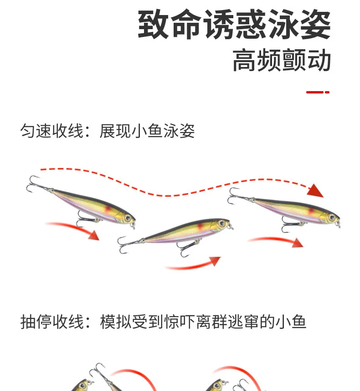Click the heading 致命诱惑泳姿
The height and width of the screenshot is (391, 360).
tap(234, 24)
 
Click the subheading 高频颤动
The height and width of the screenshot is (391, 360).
tap(282, 60)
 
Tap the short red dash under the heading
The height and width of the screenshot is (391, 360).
tap(318, 92)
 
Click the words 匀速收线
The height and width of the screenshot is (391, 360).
tap(51, 131)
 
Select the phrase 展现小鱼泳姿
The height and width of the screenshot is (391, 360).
tap(147, 131)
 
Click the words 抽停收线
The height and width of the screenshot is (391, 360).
tap(52, 322)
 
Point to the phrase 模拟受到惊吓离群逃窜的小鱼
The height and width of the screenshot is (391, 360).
tap(203, 322)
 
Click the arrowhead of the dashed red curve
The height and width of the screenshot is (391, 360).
tap(315, 190)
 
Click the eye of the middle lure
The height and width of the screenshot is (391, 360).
tap(221, 223)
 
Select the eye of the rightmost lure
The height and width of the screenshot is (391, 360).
tap(332, 217)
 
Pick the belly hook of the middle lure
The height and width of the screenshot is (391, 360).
tap(187, 248)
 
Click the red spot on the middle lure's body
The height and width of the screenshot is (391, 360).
tap(200, 226)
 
